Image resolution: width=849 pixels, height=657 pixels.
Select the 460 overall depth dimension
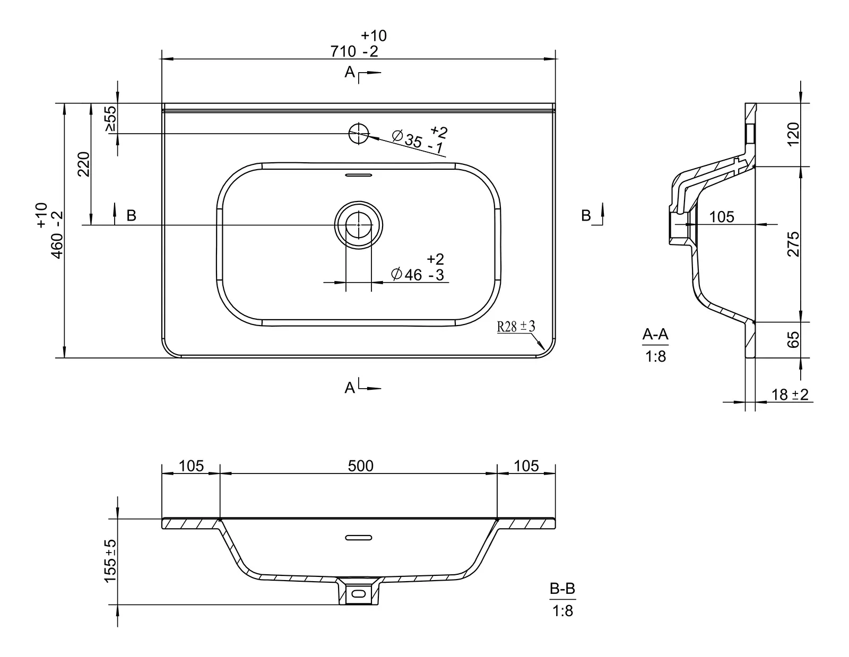point(49,231)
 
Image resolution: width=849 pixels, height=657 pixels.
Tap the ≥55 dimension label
point(111,119)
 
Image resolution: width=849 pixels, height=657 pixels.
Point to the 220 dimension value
point(84,164)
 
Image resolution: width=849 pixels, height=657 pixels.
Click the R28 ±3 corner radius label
point(516,326)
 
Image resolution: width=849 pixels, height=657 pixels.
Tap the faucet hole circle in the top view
point(359,134)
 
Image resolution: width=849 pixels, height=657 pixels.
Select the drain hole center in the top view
point(359,225)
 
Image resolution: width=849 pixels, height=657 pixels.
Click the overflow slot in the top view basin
point(359,174)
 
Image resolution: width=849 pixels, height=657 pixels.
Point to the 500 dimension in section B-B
point(361,466)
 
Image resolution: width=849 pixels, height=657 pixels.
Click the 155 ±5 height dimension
point(110,561)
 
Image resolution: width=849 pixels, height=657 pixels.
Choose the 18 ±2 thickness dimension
point(790,395)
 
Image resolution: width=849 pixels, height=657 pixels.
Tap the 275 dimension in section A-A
point(793,244)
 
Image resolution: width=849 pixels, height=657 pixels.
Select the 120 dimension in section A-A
point(793,134)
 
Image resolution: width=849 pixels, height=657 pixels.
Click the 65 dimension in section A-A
point(793,339)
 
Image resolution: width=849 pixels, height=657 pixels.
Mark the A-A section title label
point(655,334)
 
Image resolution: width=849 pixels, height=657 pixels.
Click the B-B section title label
point(562,588)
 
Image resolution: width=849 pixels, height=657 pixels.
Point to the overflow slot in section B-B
point(359,538)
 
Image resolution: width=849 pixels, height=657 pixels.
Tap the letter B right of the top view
point(586,215)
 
